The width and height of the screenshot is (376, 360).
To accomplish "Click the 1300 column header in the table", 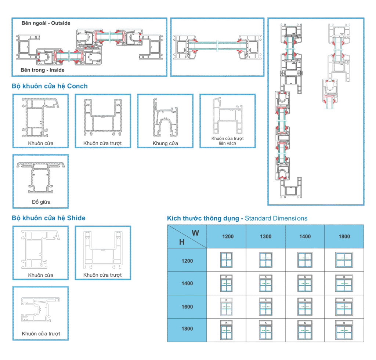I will (x=265, y=237).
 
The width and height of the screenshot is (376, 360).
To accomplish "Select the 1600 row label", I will (x=187, y=307).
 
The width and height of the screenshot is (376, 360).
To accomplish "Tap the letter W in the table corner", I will (x=195, y=232).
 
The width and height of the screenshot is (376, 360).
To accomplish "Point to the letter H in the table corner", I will (x=182, y=242).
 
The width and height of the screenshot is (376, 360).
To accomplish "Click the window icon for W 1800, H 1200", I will (x=344, y=260).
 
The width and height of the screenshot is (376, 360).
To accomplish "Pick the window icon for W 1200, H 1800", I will (x=227, y=329).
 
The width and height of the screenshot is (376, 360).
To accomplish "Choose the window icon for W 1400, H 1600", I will (x=305, y=306).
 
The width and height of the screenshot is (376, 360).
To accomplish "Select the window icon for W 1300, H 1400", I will (x=265, y=283).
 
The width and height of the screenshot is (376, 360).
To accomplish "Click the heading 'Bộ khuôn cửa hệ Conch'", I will (x=50, y=86).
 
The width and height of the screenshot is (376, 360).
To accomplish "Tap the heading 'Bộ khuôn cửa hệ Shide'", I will (x=48, y=218).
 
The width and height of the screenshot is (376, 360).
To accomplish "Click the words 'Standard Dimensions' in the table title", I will (x=276, y=218).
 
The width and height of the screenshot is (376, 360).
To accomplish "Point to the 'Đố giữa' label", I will (x=41, y=202).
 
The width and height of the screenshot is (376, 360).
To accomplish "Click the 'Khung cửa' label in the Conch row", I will (x=165, y=143).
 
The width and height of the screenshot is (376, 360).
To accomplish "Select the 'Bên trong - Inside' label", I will (x=43, y=70).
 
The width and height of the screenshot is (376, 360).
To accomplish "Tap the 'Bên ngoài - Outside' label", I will (x=46, y=23).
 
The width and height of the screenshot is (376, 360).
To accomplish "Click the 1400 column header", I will (x=305, y=237).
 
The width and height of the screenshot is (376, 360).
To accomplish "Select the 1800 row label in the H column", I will (x=187, y=329).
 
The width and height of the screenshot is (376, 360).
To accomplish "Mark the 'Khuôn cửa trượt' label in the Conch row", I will (x=102, y=143).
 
